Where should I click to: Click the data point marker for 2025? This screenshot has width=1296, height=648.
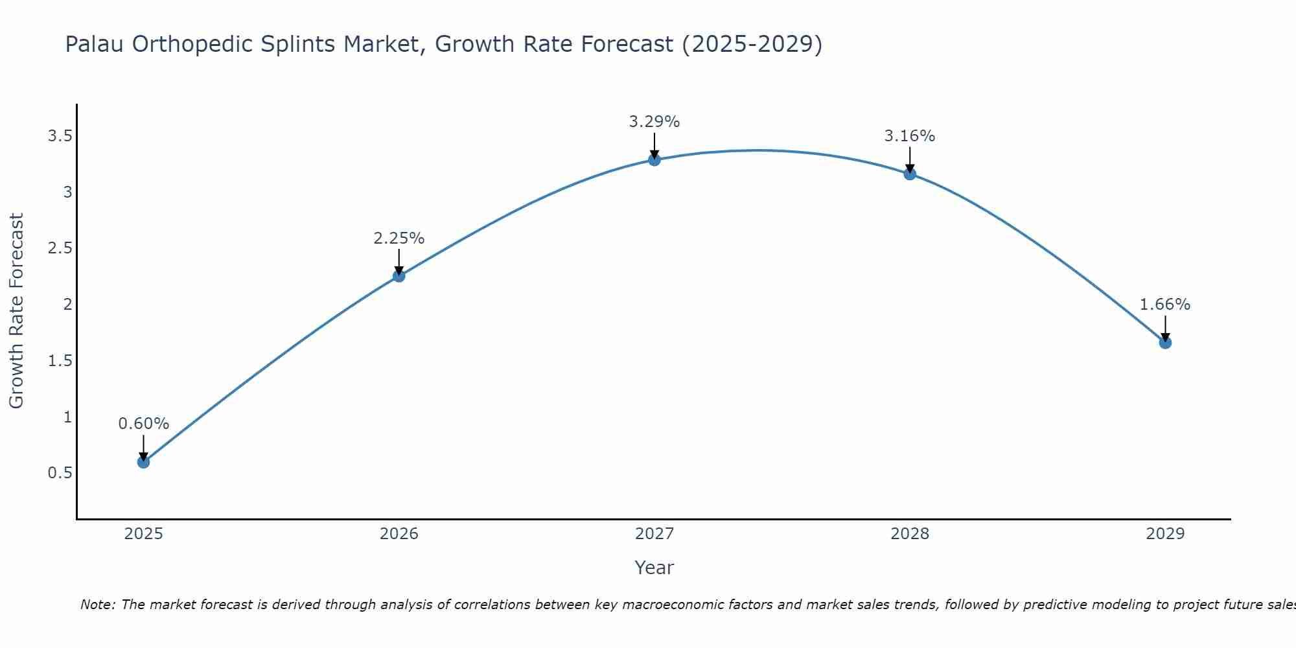[143, 462]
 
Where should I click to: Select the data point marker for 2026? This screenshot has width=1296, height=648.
[399, 276]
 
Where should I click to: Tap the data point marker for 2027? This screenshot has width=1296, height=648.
[654, 159]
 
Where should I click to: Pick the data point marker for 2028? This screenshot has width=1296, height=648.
[910, 174]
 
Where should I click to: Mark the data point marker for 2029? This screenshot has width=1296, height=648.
[1165, 343]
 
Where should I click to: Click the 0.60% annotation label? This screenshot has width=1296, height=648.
[143, 424]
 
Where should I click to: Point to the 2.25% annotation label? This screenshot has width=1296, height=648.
[399, 238]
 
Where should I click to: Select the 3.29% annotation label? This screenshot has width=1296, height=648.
[654, 122]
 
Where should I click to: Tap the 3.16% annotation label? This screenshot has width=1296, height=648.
[910, 136]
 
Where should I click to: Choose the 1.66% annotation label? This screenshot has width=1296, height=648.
[1165, 305]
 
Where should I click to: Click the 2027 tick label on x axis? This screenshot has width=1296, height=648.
[654, 534]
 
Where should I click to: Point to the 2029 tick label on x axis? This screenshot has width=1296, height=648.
[1165, 534]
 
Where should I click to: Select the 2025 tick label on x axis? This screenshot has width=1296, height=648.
[143, 534]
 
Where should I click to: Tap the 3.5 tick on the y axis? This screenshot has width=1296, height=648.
[60, 136]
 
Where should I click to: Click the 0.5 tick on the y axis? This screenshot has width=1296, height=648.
[60, 473]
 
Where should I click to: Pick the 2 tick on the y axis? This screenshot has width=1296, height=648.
[67, 305]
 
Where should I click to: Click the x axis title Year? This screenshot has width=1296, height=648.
[654, 568]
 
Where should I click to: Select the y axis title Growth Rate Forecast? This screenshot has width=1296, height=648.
[16, 311]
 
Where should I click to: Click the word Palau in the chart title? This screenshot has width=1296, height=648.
[95, 44]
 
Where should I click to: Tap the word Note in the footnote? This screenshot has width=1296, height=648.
[97, 605]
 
